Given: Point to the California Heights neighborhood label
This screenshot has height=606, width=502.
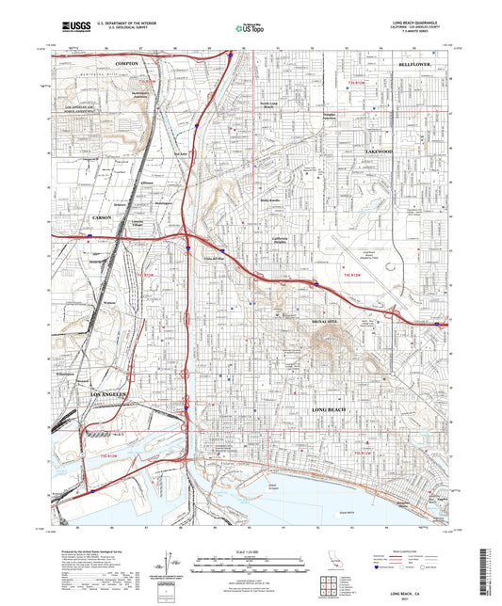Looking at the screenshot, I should pos(283,240).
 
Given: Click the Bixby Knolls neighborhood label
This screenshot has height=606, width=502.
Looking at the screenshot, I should pos(270,199).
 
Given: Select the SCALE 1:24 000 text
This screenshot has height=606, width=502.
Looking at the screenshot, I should pos(250,550).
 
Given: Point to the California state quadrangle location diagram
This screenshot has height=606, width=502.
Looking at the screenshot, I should pos(324,562).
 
